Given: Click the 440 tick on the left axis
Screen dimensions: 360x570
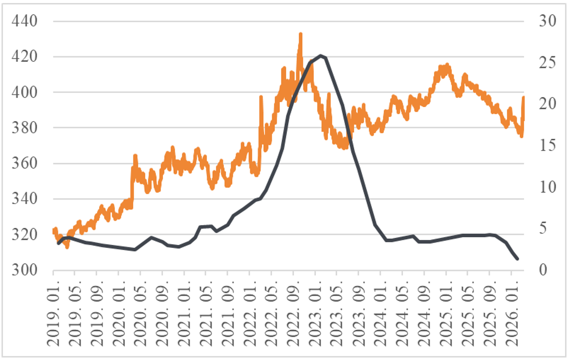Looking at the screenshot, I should (24, 22).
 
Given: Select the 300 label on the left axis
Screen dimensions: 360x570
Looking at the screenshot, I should (24, 271).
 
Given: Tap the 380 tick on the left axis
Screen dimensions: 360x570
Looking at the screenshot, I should (24, 128).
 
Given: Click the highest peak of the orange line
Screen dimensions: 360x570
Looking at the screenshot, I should (300, 34).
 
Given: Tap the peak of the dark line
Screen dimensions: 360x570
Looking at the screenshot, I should (320, 55).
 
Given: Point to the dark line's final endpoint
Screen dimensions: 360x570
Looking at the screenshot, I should (517, 259).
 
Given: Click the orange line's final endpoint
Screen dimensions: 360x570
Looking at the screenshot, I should (524, 97).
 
